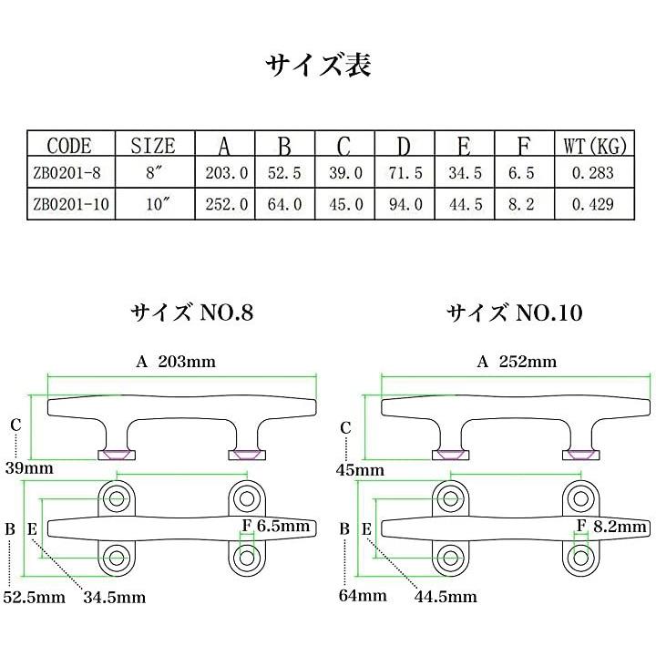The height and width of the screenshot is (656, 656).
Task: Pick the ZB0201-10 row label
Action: (70, 205)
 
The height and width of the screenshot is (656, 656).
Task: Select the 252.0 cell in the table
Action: (224, 205)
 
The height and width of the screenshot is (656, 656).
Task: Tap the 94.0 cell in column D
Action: (403, 205)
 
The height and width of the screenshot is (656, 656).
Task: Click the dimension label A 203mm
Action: (176, 362)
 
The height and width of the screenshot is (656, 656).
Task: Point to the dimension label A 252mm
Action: (517, 362)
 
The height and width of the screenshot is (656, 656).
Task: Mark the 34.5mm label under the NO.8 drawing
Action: (114, 598)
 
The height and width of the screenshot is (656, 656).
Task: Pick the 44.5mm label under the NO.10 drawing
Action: (446, 598)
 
